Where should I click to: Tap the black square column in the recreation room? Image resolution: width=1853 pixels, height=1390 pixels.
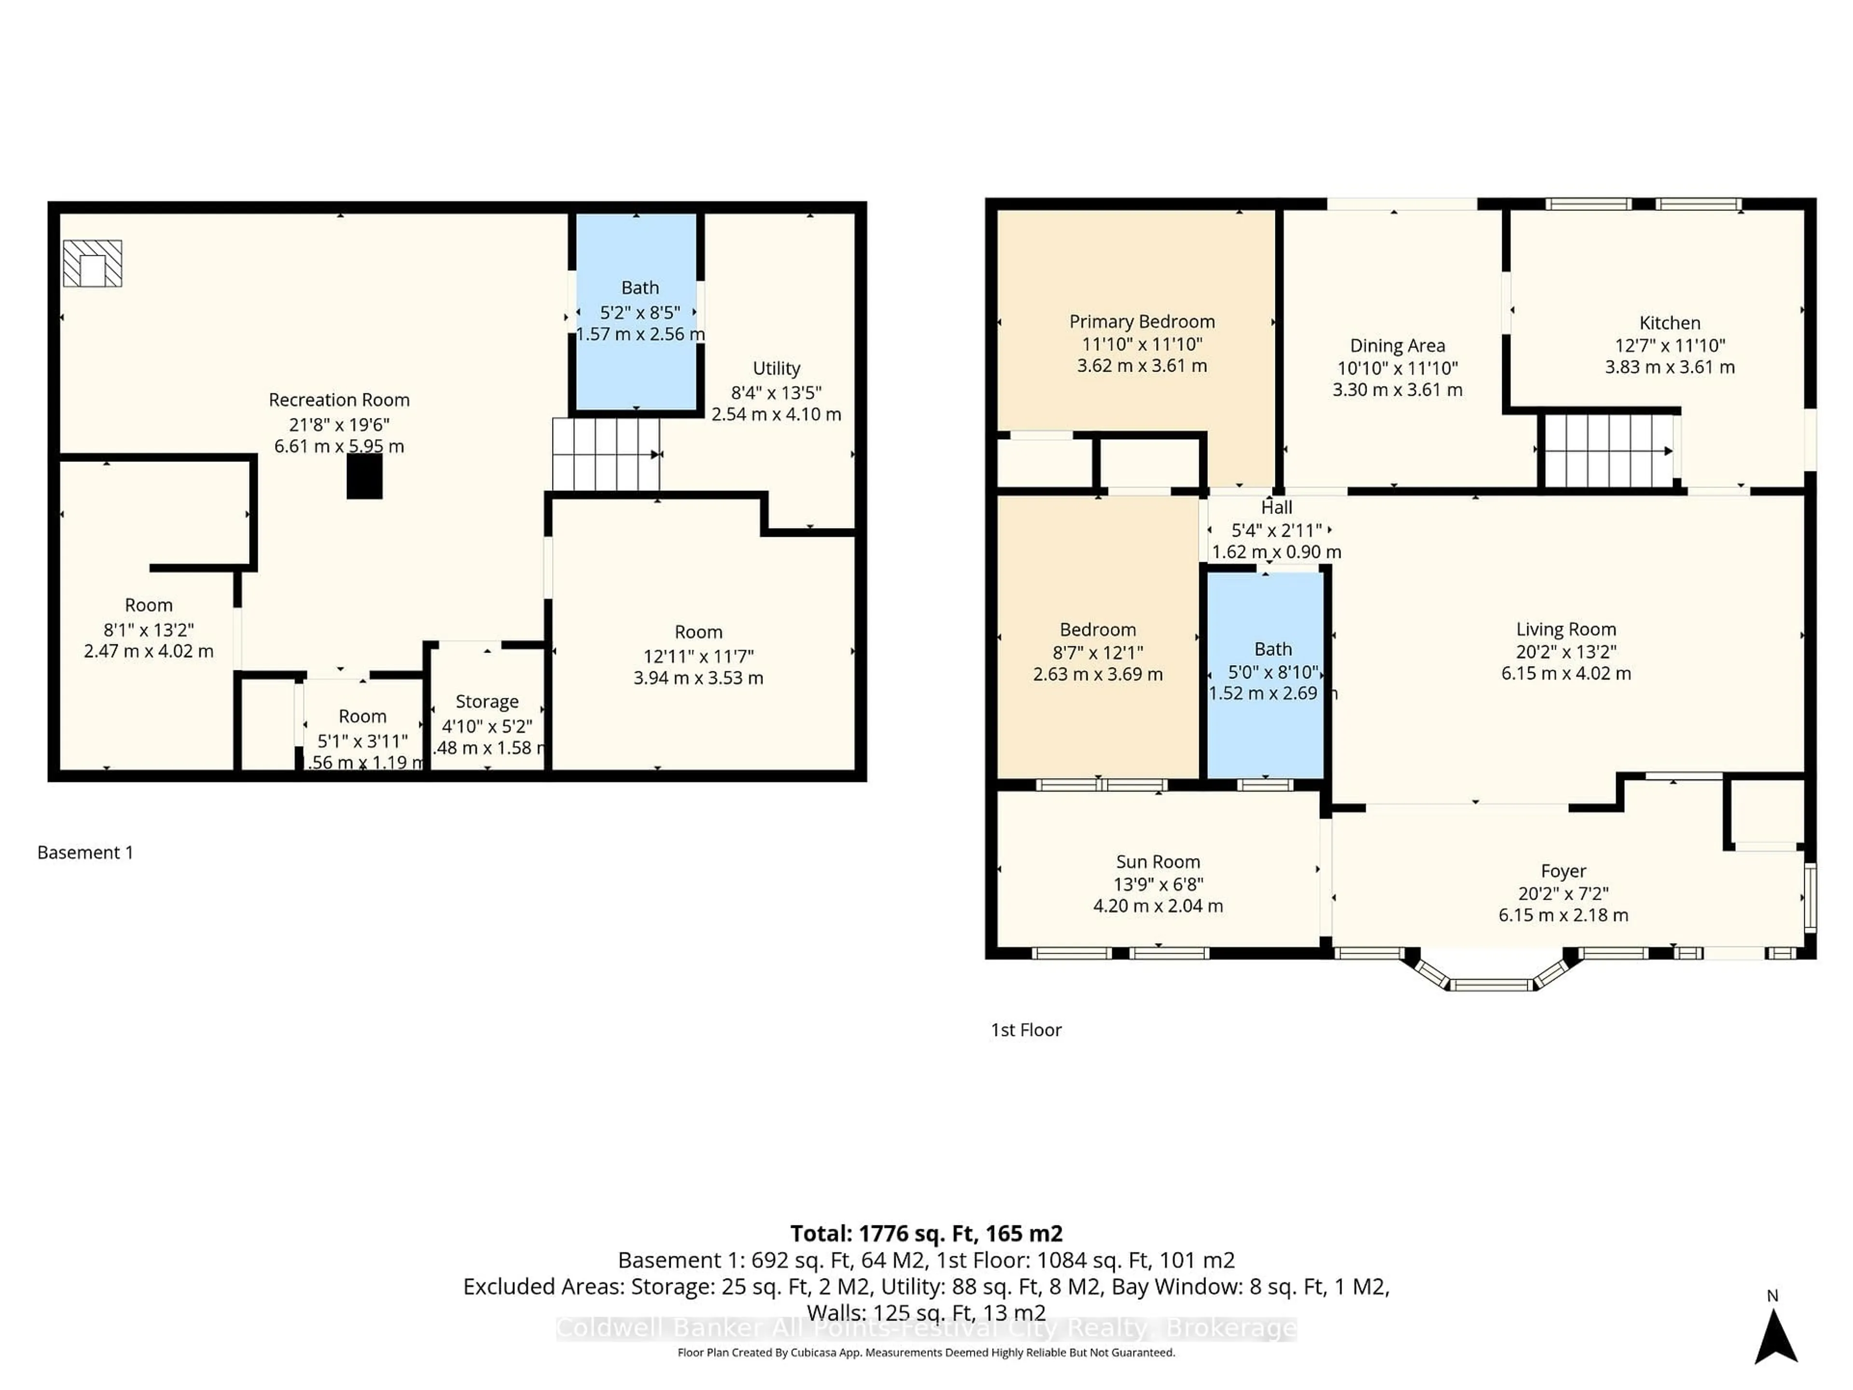point(364,477)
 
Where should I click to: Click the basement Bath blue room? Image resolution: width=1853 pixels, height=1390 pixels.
point(636,369)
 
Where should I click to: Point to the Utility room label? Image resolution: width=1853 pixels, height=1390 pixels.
point(776,369)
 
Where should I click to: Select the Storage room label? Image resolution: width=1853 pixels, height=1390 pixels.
point(487,701)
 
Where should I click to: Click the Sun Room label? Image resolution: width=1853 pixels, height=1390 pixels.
point(1158,862)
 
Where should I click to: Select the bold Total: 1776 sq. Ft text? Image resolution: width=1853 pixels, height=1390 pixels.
point(926,1233)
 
